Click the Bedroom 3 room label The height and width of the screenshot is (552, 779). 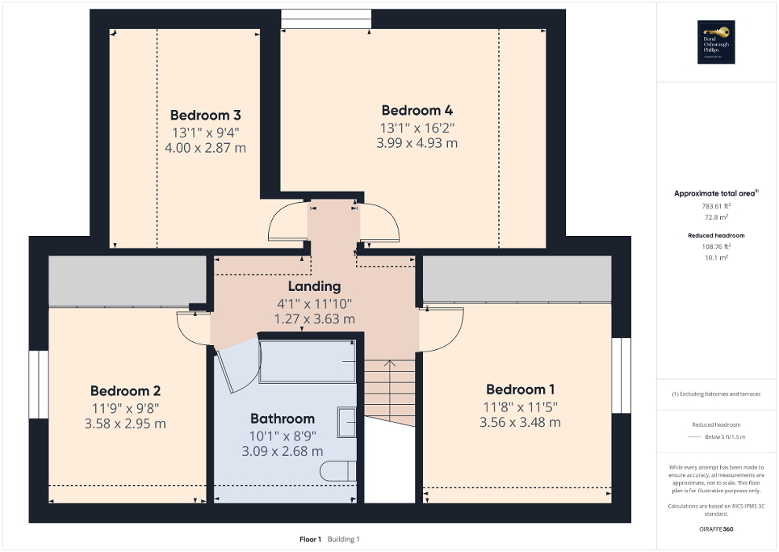tap(205, 115)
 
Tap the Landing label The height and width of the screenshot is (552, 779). tap(314, 286)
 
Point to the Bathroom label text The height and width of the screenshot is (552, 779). tap(282, 419)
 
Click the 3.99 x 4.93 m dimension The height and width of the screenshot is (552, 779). tap(417, 143)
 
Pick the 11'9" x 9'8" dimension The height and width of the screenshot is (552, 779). tap(130, 407)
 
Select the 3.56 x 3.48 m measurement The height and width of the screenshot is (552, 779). tap(520, 422)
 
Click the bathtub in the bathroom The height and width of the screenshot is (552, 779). tap(307, 360)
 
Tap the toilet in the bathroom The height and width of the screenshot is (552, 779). tap(338, 470)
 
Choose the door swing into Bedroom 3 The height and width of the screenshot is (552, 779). tap(287, 221)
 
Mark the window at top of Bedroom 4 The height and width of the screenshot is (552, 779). tap(326, 19)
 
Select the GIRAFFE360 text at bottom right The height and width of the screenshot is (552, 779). tap(717, 529)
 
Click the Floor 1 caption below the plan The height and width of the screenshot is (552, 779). tap(310, 539)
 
